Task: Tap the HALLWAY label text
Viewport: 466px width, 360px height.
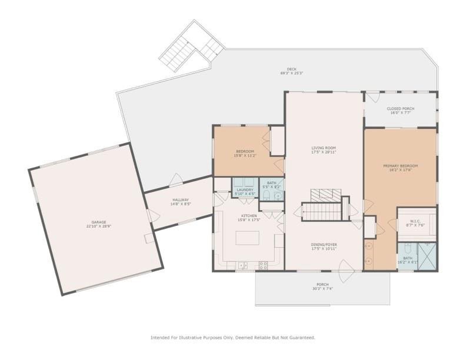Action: pyautogui.click(x=180, y=200)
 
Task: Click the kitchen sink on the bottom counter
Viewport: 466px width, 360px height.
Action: pyautogui.click(x=242, y=265)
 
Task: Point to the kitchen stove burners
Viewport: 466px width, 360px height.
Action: pyautogui.click(x=263, y=264)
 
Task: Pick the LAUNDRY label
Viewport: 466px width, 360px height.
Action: pyautogui.click(x=245, y=189)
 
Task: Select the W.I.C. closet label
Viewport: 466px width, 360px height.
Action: pyautogui.click(x=417, y=221)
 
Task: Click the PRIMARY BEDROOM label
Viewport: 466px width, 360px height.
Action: pyautogui.click(x=400, y=166)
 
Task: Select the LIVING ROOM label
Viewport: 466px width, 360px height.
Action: pyautogui.click(x=324, y=148)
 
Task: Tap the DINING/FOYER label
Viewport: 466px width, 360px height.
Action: pyautogui.click(x=324, y=244)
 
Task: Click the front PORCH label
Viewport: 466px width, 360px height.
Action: pyautogui.click(x=323, y=284)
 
